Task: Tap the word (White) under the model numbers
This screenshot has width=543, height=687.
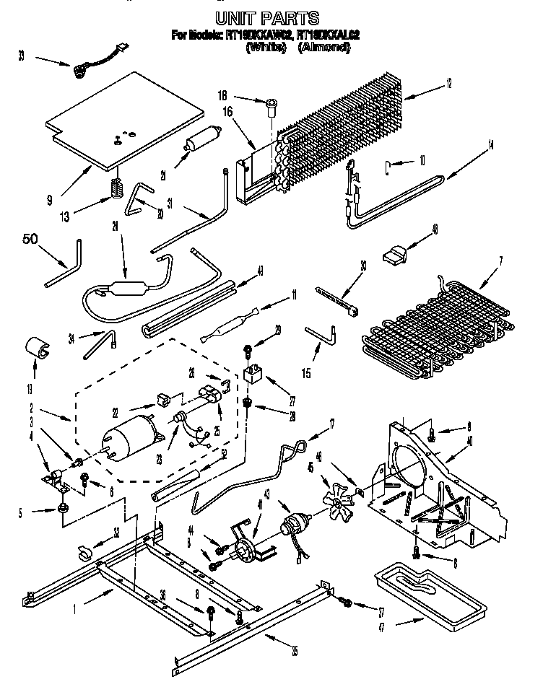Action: tap(267, 48)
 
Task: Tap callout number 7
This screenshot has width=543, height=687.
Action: tap(501, 260)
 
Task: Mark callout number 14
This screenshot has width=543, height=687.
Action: tap(490, 145)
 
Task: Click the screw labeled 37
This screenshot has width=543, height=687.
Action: tap(346, 602)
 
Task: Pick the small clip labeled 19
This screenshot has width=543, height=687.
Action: tap(36, 349)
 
